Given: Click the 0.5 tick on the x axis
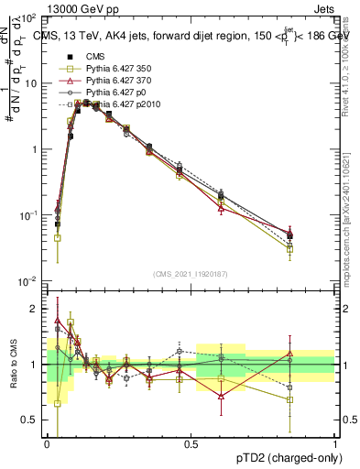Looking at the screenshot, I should click(x=191, y=444).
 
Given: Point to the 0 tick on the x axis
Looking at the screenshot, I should click(x=48, y=444).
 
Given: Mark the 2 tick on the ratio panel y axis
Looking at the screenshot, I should click(x=38, y=309).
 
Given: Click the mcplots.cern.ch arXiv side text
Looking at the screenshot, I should click(x=350, y=211).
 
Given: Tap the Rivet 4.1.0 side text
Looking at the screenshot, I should click(x=350, y=64).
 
